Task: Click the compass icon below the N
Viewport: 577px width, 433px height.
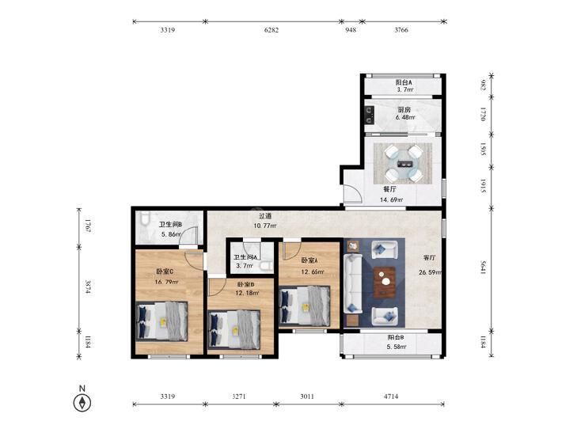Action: (x=82, y=402)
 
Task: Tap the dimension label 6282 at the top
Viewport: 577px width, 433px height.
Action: (x=271, y=30)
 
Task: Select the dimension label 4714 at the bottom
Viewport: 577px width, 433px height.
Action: (x=391, y=397)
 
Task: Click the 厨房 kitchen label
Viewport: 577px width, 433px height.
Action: (x=404, y=109)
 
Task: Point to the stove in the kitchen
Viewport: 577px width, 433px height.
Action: (x=370, y=115)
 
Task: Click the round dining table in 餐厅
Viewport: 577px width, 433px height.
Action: (x=404, y=164)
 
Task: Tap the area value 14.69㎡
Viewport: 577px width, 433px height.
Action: (x=391, y=200)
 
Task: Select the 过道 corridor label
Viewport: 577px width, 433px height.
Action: (x=265, y=216)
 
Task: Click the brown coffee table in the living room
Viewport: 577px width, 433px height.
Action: (x=385, y=282)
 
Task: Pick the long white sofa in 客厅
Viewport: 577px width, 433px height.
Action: (x=353, y=283)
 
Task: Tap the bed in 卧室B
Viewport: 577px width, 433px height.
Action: (x=234, y=329)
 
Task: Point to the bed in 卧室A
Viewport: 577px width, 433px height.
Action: (x=305, y=306)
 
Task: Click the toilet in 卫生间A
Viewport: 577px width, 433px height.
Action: (x=265, y=266)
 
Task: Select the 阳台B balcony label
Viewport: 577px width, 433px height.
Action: (x=396, y=337)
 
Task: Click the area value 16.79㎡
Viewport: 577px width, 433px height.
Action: (x=166, y=282)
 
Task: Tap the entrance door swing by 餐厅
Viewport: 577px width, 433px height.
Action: (x=352, y=194)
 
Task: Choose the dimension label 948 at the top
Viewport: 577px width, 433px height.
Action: (x=351, y=30)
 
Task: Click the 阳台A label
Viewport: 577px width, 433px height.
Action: (x=404, y=82)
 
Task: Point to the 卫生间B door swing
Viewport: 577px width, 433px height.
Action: (x=188, y=236)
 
